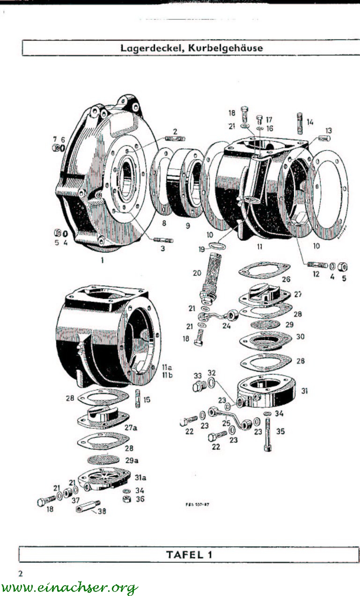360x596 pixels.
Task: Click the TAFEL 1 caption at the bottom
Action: coord(189,555)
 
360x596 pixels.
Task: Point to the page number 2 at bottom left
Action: coord(20,573)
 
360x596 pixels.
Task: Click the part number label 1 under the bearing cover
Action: coord(102,261)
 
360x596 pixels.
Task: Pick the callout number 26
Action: coord(286,279)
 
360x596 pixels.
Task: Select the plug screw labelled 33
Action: coord(198,387)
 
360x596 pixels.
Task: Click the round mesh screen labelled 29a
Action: coord(107,459)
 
